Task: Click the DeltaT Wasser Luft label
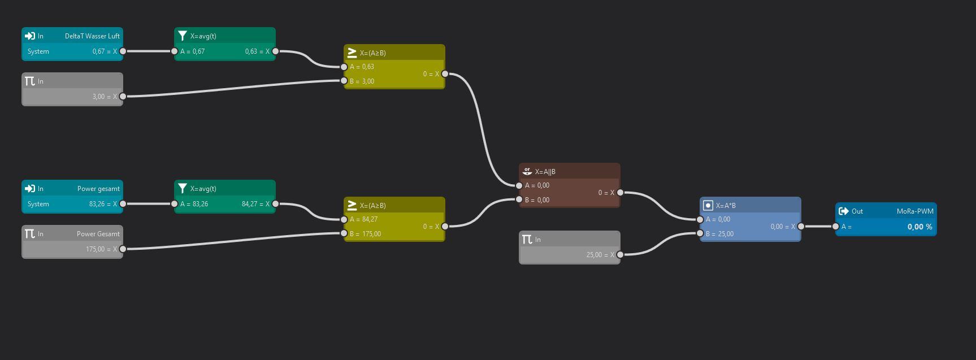[92, 36]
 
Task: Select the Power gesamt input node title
[98, 189]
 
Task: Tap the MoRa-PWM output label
[914, 211]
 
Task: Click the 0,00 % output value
[919, 227]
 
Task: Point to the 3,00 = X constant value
[105, 97]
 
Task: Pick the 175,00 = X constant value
[101, 249]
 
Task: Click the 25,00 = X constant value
[600, 255]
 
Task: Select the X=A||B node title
[545, 172]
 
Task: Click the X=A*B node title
[726, 206]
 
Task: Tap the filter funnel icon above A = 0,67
[183, 36]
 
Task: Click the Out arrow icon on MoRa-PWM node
[844, 211]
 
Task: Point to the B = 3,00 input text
[362, 81]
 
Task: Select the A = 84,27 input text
[363, 219]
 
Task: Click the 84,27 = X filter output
[255, 204]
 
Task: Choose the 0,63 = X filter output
[257, 51]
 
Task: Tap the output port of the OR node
[620, 193]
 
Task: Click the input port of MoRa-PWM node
[835, 227]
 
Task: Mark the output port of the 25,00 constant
[620, 255]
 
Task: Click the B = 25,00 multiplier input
[719, 234]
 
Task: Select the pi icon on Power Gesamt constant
[30, 234]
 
